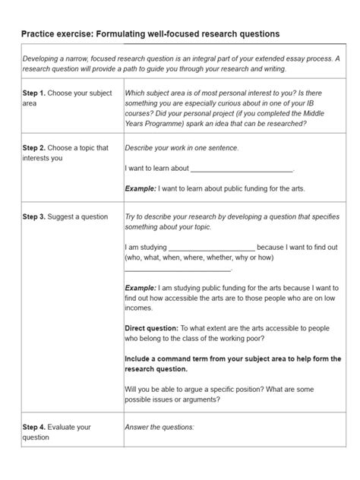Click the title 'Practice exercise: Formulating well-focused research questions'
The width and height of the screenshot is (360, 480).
coord(150,34)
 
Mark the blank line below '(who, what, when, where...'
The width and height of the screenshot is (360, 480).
coord(178,268)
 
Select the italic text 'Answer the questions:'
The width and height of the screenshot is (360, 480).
coord(159,428)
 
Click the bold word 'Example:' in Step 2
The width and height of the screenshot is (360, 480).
coord(141,189)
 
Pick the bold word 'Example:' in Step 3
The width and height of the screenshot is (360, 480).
coord(141,289)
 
